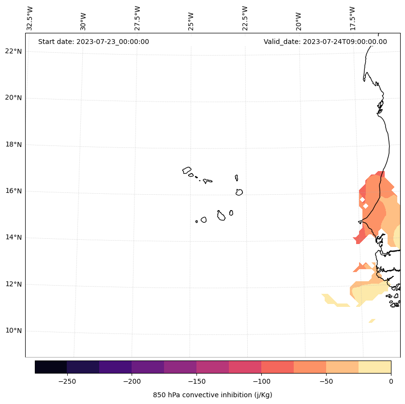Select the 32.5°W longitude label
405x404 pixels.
(x=30, y=18)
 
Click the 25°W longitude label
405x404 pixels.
(x=191, y=21)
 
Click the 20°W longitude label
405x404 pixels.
(x=299, y=21)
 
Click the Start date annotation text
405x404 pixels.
(x=93, y=42)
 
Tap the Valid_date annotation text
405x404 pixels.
(x=325, y=42)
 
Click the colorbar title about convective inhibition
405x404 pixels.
(x=212, y=395)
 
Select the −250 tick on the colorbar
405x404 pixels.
(x=67, y=381)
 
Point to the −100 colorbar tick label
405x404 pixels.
(x=261, y=381)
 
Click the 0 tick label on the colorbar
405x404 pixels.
(x=390, y=381)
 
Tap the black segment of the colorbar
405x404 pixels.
(x=51, y=367)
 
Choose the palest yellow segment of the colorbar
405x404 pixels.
(x=375, y=367)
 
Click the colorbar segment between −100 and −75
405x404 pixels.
(x=277, y=367)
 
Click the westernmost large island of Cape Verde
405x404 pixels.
(x=187, y=170)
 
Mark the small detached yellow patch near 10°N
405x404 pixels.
(x=372, y=320)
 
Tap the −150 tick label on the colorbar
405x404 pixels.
(x=196, y=381)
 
